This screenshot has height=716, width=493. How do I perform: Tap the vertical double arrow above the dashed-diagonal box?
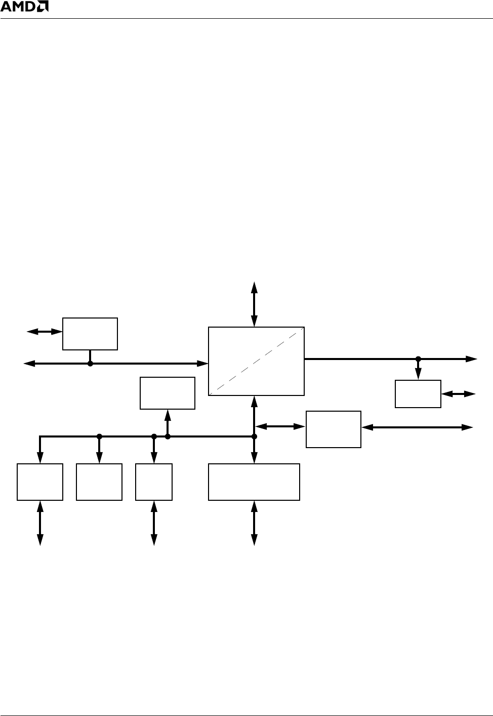point(254,304)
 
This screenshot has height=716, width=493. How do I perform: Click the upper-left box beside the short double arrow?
point(90,334)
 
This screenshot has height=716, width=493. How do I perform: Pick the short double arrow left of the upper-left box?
point(44,332)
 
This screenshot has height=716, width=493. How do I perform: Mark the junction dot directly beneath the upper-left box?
point(90,363)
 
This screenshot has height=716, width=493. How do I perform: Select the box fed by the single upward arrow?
point(168,393)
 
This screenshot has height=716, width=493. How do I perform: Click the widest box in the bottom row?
point(254,482)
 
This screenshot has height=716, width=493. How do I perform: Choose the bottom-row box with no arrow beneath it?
point(99,482)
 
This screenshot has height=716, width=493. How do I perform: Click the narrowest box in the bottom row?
point(154,482)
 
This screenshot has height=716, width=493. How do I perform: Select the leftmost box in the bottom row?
point(40,482)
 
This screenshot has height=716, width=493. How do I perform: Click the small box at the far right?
point(418,393)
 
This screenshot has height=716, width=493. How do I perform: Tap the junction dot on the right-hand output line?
point(418,359)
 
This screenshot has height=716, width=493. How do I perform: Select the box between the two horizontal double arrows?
point(334,429)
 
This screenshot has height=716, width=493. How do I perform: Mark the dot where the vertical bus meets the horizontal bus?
point(255,436)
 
